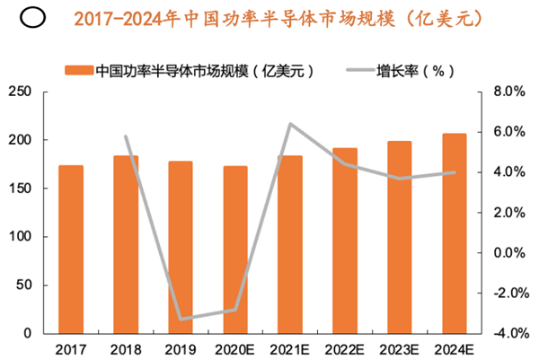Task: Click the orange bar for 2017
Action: point(71,249)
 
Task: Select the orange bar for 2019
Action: point(181,247)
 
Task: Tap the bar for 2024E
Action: point(455,233)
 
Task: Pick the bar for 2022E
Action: point(345,241)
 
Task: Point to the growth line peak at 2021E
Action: point(290,124)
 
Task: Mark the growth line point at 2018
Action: point(126,136)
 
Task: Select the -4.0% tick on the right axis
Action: point(508,334)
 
